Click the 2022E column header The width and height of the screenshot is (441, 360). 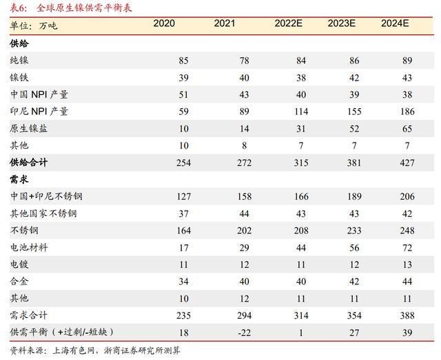[x=289, y=24]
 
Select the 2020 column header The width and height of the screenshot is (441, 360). [x=164, y=24]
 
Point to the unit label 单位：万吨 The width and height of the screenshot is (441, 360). [x=33, y=25]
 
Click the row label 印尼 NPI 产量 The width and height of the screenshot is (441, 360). [x=39, y=112]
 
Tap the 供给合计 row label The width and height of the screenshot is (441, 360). [x=29, y=162]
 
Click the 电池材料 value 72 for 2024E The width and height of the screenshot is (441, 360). [x=406, y=247]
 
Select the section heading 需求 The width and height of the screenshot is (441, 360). [x=19, y=180]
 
